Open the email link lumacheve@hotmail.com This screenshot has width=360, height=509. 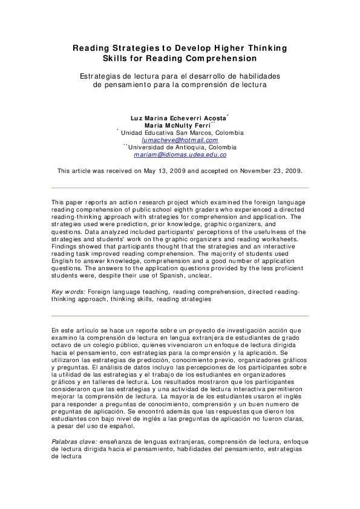(180, 140)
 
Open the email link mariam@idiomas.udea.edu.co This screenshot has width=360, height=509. (180, 155)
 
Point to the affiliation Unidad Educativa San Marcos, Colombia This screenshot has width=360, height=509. (182, 132)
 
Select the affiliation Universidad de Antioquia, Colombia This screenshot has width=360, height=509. (182, 147)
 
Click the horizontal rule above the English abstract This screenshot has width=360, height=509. (180, 187)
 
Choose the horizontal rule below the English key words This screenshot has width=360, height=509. (180, 316)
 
